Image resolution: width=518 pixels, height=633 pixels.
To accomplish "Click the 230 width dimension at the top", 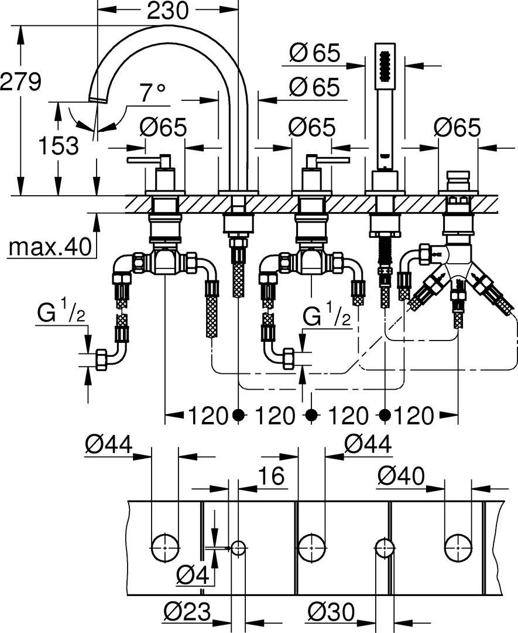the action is pyautogui.click(x=167, y=11).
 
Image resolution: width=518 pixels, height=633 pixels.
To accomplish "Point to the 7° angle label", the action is pyautogui.click(x=152, y=93).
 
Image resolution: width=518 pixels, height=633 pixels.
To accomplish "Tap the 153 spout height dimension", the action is pyautogui.click(x=59, y=145).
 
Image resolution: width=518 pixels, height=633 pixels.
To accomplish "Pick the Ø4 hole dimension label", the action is pyautogui.click(x=193, y=576).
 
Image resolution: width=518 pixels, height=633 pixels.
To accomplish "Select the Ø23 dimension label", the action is pyautogui.click(x=187, y=611).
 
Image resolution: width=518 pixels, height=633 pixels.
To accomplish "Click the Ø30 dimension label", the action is pyautogui.click(x=331, y=611).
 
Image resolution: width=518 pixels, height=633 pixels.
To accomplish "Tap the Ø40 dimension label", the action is pyautogui.click(x=401, y=477).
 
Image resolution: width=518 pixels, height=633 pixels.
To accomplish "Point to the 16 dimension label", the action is pyautogui.click(x=272, y=476).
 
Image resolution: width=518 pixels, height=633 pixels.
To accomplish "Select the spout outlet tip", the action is pyautogui.click(x=98, y=100).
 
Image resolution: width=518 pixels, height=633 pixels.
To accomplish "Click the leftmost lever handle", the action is pyautogui.click(x=149, y=160).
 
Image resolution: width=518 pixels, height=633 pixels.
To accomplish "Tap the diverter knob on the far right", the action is pyautogui.click(x=458, y=178).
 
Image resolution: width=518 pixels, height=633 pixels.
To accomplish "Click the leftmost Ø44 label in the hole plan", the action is pyautogui.click(x=108, y=445).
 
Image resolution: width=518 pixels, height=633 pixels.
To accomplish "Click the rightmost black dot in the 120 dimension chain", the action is pyautogui.click(x=386, y=414).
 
